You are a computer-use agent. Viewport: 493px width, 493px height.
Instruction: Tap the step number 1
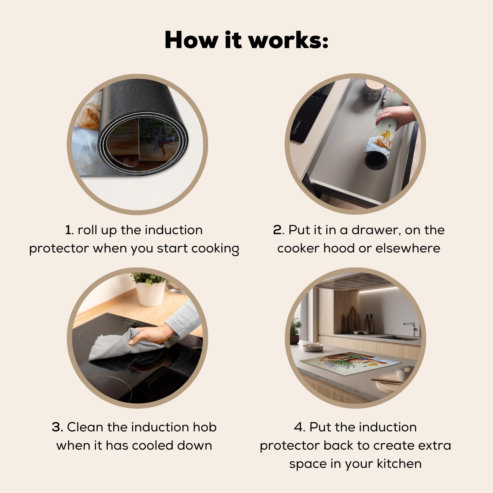coord(69,230)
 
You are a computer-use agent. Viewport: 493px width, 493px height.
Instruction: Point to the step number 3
coord(57,427)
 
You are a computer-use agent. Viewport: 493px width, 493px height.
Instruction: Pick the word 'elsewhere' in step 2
coord(408,248)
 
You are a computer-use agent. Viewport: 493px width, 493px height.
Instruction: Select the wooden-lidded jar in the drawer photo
coord(373,90)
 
